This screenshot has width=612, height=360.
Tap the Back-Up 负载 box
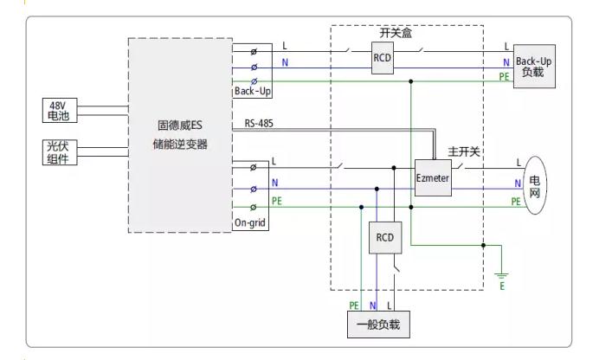point(534,67)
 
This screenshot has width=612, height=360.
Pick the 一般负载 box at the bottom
point(378,325)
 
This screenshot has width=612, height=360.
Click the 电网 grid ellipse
point(535,185)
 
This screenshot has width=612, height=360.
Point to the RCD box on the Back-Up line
point(383,58)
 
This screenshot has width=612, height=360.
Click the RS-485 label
point(259,124)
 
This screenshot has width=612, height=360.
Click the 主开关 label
point(463,151)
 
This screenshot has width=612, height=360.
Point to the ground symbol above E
point(502,273)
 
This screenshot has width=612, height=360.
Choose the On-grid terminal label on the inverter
point(250,223)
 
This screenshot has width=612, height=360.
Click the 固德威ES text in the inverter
point(180,125)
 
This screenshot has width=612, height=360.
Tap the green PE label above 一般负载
point(354,305)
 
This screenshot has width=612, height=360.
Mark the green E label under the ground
point(502,286)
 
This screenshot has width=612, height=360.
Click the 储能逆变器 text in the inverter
point(180,145)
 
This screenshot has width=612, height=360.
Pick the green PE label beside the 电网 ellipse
point(516,201)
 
